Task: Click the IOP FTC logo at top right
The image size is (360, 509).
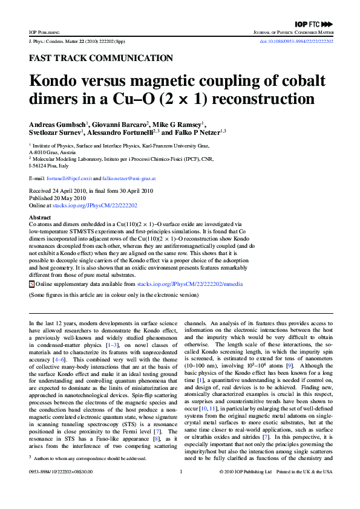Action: pyautogui.click(x=314, y=24)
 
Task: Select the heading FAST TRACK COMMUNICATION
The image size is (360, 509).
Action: pyautogui.click(x=100, y=59)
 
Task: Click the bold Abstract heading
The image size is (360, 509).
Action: pyautogui.click(x=40, y=217)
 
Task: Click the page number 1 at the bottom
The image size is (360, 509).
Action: pyautogui.click(x=180, y=488)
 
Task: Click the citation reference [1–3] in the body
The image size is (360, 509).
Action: pyautogui.click(x=128, y=345)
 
